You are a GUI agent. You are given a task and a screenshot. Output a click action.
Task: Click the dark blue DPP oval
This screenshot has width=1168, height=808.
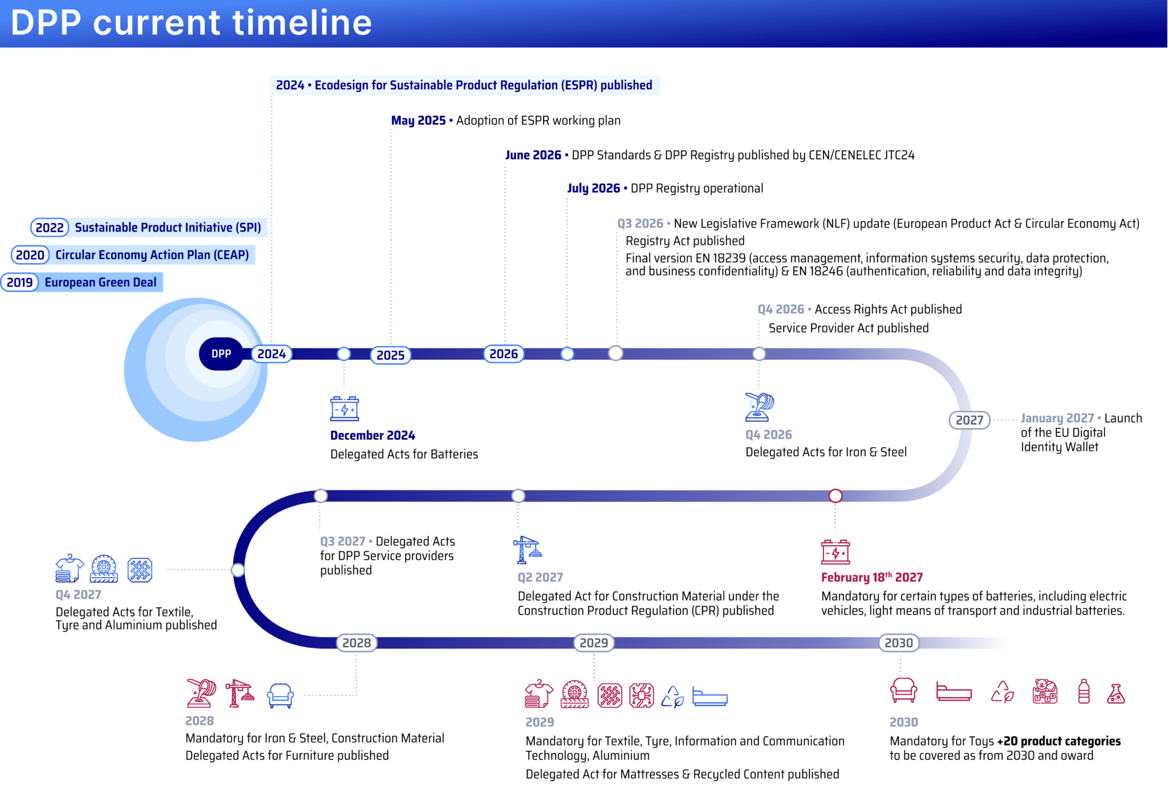(x=221, y=354)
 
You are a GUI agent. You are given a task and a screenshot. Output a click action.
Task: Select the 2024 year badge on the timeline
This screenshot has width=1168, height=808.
(x=271, y=354)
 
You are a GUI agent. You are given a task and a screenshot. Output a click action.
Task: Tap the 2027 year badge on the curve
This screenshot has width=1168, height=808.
(x=970, y=420)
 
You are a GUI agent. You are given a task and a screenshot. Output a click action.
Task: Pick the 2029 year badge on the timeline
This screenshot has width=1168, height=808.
(x=594, y=643)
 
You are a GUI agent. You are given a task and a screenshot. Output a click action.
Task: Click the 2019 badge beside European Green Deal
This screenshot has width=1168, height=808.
(x=20, y=282)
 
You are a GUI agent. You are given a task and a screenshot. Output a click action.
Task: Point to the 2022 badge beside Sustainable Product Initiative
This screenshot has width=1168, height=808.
(x=50, y=228)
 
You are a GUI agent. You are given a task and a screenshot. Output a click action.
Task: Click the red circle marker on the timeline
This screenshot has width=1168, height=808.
(x=836, y=496)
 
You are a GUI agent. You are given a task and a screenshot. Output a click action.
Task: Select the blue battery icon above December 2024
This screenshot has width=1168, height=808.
(x=344, y=408)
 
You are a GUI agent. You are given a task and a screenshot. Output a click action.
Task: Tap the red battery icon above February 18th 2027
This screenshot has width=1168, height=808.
(x=836, y=551)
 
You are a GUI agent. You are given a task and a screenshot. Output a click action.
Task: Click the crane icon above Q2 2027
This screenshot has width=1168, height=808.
(x=528, y=550)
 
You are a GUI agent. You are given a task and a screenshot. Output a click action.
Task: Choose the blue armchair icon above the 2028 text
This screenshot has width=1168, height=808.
(x=281, y=695)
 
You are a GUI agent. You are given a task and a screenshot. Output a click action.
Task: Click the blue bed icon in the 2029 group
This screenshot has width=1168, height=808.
(x=710, y=697)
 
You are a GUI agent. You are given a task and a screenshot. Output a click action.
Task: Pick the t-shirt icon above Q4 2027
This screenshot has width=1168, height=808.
(x=70, y=568)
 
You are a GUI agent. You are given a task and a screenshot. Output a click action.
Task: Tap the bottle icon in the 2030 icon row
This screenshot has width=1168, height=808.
(x=1084, y=692)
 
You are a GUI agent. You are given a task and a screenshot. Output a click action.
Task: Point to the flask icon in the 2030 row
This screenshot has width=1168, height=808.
(x=1116, y=693)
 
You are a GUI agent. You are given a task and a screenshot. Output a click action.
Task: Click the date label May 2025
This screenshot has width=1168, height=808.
(x=419, y=121)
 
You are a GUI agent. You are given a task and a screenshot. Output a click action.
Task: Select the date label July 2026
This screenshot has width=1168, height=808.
(x=594, y=189)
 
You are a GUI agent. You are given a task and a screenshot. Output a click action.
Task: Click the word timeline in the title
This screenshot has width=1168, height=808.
(x=302, y=23)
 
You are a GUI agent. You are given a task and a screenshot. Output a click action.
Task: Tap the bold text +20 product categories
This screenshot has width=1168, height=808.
(x=1059, y=741)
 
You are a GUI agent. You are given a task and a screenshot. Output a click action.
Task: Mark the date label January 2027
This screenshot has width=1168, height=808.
(x=1057, y=419)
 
